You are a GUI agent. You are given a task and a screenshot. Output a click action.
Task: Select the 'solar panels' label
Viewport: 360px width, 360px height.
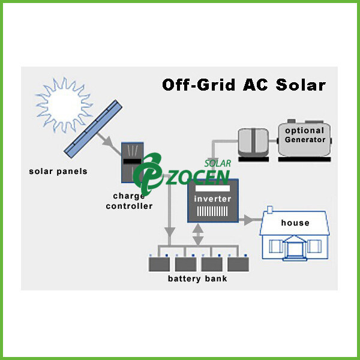[58, 171]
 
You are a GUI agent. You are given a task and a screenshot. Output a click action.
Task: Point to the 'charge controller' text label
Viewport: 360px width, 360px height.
[129, 201]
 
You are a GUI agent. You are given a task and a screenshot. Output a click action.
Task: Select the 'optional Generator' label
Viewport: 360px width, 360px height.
[305, 135]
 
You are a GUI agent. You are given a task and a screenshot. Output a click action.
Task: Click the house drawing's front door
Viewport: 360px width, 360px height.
[295, 247]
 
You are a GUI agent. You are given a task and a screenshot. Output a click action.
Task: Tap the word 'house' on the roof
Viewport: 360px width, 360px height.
[295, 223]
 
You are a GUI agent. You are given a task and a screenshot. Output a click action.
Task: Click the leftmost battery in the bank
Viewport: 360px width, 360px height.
[159, 263]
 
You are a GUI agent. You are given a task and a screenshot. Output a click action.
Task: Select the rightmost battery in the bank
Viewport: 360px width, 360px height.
[239, 263]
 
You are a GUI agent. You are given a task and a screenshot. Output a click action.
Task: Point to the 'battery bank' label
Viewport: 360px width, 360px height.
[198, 279]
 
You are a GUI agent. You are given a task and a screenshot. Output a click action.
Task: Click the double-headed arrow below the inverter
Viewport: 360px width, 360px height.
[198, 234]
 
